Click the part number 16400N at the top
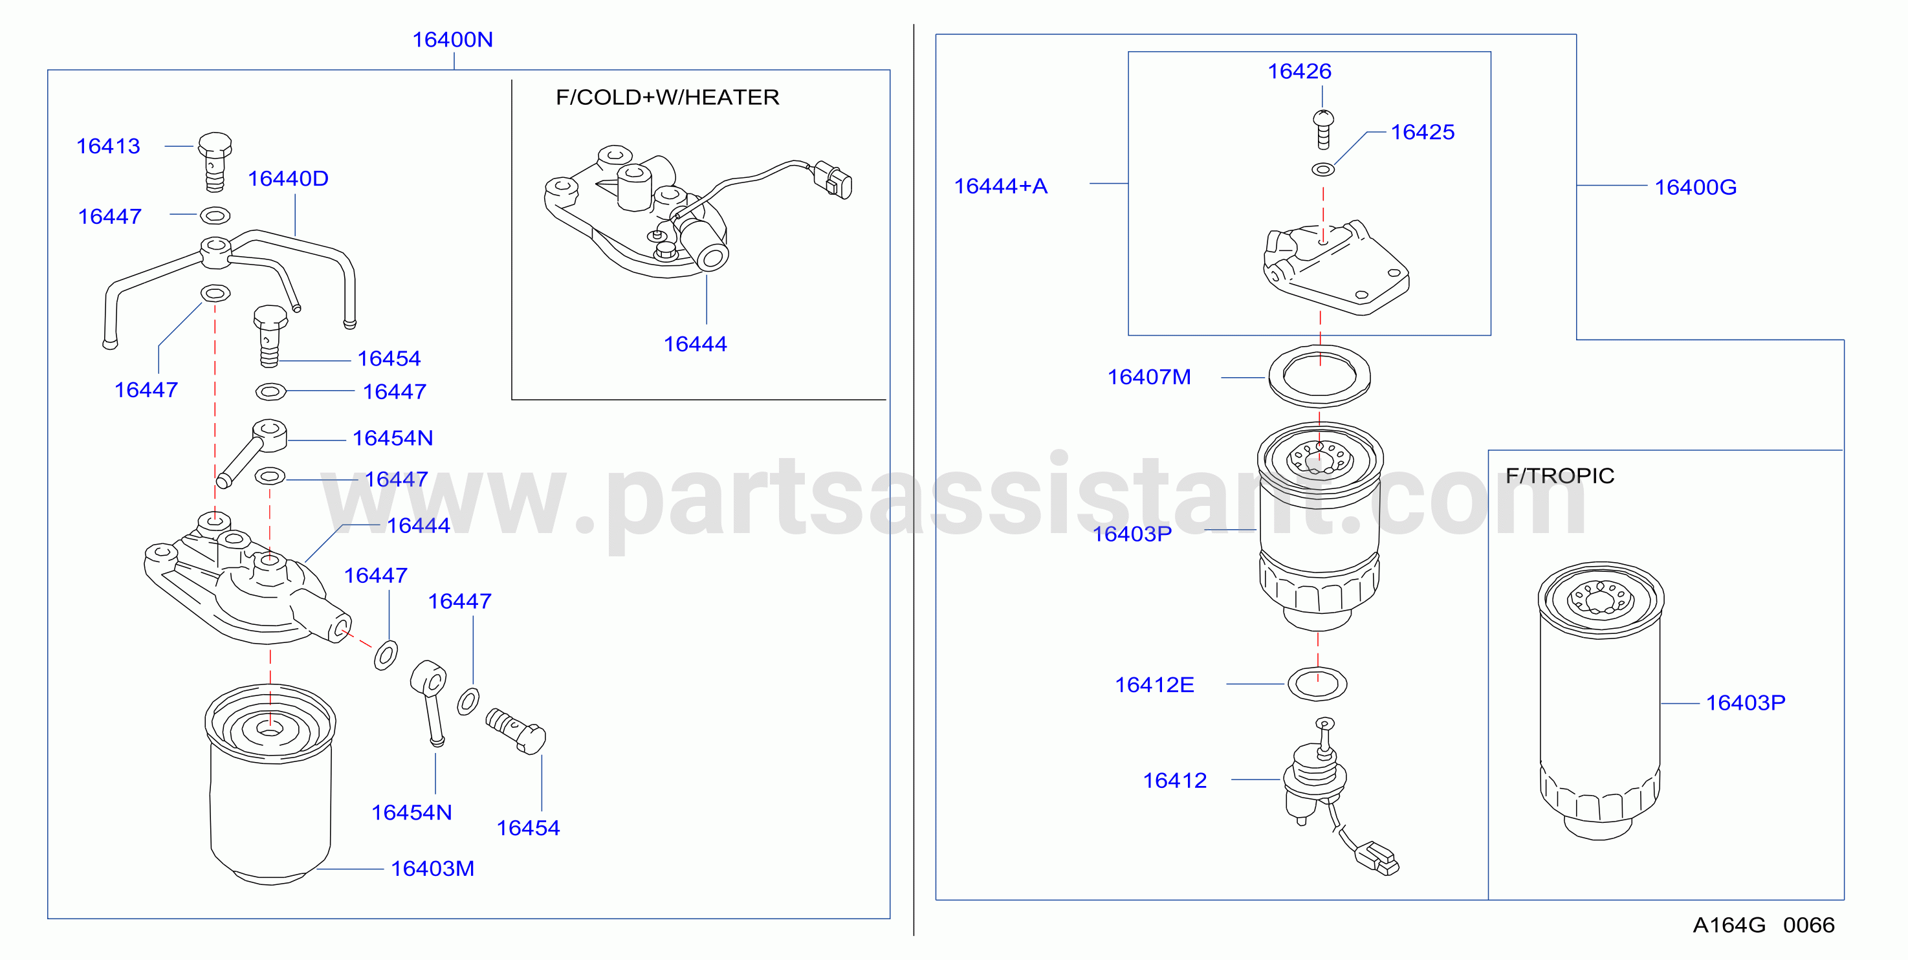(x=452, y=40)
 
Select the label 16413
(x=108, y=146)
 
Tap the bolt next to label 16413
(x=215, y=162)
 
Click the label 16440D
(x=288, y=179)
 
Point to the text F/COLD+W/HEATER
(x=667, y=97)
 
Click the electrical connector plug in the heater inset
(x=833, y=179)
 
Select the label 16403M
(x=433, y=868)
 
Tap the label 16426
(x=1299, y=71)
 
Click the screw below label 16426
(x=1323, y=129)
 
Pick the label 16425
(x=1422, y=132)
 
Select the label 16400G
(x=1695, y=188)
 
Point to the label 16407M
(x=1149, y=377)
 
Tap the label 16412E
(x=1154, y=684)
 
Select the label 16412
(x=1175, y=780)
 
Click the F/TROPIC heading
(x=1560, y=475)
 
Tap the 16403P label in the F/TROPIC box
(x=1745, y=703)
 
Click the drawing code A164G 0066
(x=1764, y=924)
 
